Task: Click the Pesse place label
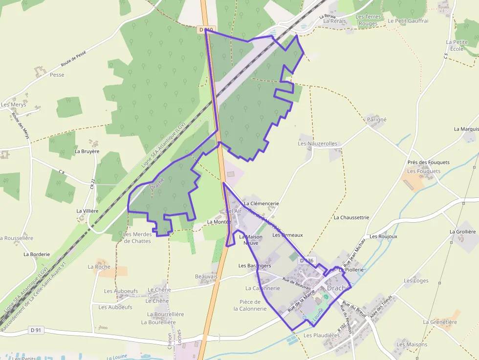point(57,75)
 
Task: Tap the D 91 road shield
point(35,330)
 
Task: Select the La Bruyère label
point(87,151)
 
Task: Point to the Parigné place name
point(376,119)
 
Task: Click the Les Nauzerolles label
point(318,144)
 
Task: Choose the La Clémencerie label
point(261,203)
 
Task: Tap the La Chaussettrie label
point(351,217)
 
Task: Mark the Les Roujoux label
point(383,236)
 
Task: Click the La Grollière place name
point(462,232)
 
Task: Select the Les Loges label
point(416,280)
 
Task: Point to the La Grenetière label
point(440,322)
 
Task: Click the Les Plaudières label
point(321,336)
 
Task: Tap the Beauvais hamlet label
point(206,276)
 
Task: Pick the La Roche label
point(99,267)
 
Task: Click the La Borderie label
point(37,254)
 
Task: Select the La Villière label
point(87,211)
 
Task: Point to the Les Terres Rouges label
point(368,20)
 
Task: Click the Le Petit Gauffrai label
point(408,21)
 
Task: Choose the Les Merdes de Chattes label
point(137,237)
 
